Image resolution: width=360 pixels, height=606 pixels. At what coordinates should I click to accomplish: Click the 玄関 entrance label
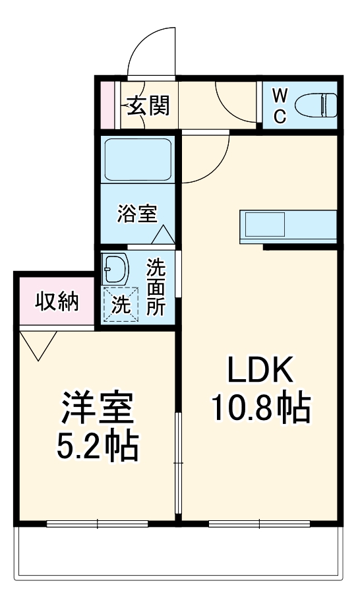tap(148, 106)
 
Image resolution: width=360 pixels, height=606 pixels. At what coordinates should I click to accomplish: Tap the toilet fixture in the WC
tap(315, 104)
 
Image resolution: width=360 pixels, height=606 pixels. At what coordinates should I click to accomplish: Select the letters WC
tap(280, 106)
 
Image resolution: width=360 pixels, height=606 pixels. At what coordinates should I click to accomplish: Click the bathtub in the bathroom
tap(138, 161)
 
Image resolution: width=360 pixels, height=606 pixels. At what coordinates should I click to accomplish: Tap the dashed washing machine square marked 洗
tap(119, 305)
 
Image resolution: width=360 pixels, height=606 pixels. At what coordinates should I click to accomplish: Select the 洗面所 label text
tap(156, 288)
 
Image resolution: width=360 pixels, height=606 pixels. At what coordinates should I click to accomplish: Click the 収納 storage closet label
tap(57, 302)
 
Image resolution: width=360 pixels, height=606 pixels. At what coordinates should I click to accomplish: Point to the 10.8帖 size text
tap(260, 409)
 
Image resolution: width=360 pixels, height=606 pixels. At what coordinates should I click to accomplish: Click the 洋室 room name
tap(98, 409)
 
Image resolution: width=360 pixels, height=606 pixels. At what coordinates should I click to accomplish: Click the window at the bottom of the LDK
tap(259, 524)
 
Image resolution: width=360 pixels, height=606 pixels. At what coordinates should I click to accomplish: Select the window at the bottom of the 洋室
tap(98, 524)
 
